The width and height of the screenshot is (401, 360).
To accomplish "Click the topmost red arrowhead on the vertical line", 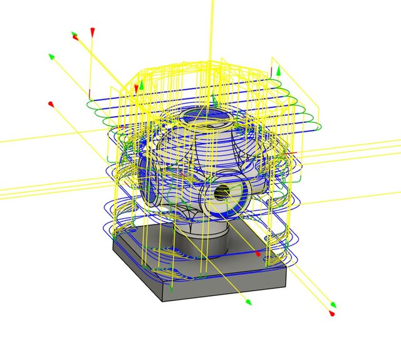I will point(93,31).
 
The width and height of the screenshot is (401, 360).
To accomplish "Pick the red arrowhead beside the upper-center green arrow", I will point(135,88).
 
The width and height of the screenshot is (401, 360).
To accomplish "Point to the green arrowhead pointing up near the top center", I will point(142,83).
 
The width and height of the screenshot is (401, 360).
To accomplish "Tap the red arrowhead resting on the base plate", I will point(257,254).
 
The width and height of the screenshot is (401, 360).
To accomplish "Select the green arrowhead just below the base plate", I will point(248,302).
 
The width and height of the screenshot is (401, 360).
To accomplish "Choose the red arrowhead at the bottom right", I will point(332,313).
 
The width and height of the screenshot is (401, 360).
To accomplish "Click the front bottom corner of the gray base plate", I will point(171,295).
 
